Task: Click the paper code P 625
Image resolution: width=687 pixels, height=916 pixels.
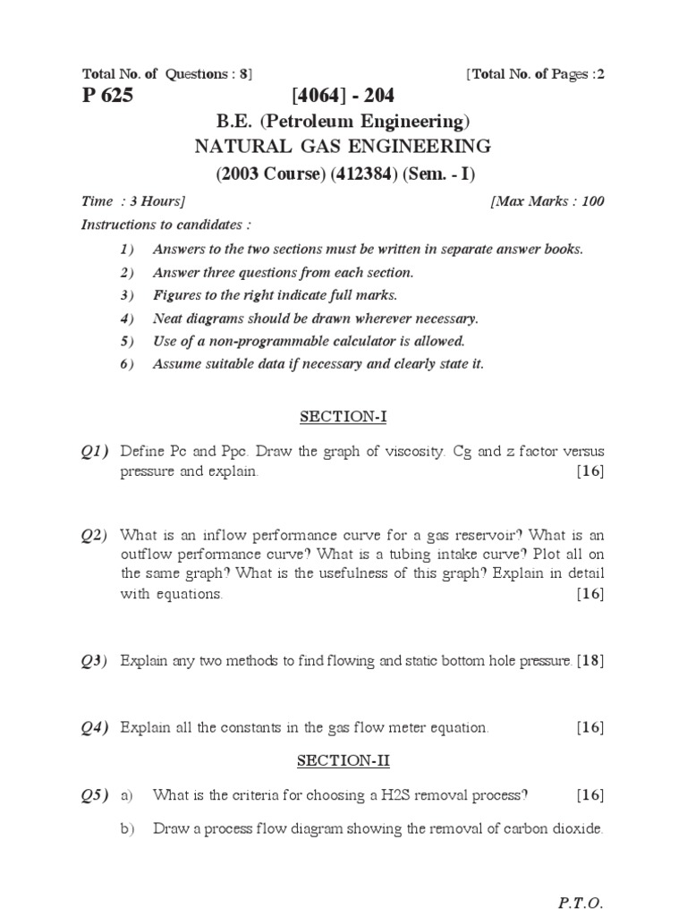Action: [107, 97]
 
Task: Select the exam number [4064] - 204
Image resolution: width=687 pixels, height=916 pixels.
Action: [343, 97]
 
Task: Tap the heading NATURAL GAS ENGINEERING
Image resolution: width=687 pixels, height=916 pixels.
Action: [343, 147]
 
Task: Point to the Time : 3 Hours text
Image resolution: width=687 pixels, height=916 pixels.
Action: [133, 201]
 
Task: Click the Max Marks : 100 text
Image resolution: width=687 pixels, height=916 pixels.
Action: [547, 201]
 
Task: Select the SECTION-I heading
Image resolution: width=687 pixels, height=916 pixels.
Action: [343, 417]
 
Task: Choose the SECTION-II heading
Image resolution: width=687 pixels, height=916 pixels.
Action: [343, 760]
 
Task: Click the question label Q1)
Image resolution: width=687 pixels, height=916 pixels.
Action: [94, 452]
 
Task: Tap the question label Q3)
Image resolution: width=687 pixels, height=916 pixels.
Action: [94, 662]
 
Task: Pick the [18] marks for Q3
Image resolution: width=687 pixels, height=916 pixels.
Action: [590, 662]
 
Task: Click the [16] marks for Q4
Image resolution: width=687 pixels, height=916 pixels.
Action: [590, 728]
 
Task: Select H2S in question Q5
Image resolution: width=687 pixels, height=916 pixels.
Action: [397, 794]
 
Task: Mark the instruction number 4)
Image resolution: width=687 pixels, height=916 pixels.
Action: [126, 318]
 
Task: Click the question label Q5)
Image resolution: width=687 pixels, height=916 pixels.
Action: [94, 794]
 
